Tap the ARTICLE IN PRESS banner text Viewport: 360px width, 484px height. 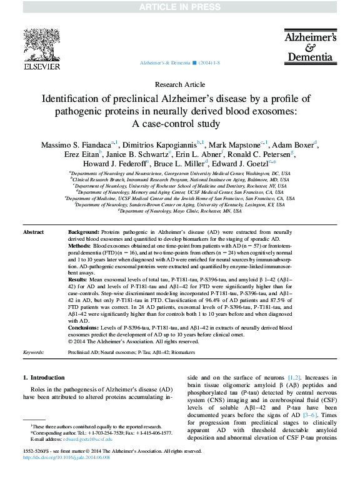click(x=180, y=6)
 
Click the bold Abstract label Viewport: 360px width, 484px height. click(x=33, y=233)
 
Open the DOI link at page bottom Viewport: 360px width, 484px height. click(x=66, y=457)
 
